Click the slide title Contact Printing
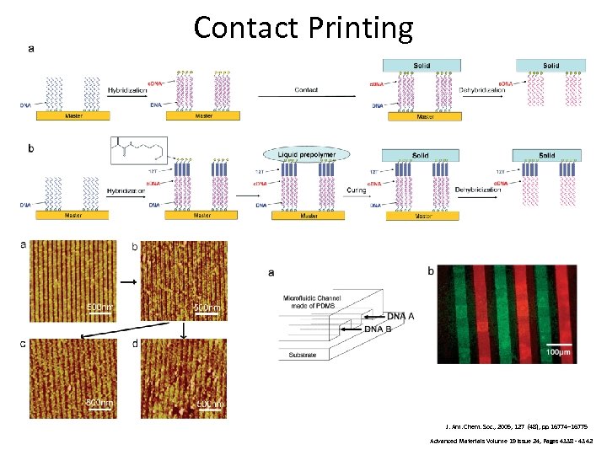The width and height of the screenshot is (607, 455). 303,28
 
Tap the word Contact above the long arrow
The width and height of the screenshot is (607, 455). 306,89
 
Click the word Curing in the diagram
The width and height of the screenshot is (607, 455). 356,190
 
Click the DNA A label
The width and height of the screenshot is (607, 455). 400,316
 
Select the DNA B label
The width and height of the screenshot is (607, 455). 378,328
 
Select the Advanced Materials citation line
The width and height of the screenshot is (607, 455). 511,441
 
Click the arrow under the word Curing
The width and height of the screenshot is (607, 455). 356,199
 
